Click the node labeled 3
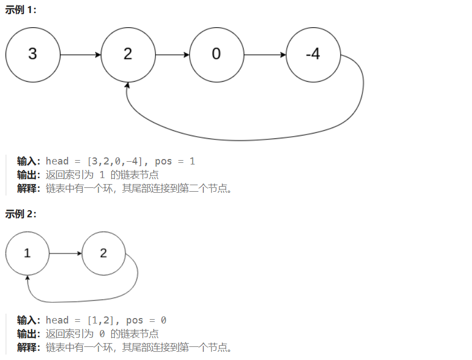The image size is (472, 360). [x=33, y=55]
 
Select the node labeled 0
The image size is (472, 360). [x=217, y=55]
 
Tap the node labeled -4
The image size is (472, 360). [x=313, y=55]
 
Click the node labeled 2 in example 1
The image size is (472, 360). [x=128, y=55]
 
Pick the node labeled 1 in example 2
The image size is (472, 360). [x=27, y=253]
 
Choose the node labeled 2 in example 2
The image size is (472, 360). [x=104, y=253]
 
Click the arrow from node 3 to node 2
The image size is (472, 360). [x=81, y=55]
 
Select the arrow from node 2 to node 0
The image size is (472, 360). [x=172, y=55]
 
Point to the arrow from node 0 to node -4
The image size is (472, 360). [x=265, y=55]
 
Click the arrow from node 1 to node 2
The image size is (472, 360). [x=65, y=253]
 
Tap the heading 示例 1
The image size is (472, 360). [x=21, y=10]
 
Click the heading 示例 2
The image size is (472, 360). [x=21, y=214]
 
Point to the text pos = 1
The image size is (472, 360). [x=175, y=161]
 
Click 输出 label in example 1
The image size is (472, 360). [x=29, y=175]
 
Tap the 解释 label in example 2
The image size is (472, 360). [x=29, y=347]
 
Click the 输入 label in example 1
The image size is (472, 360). [x=29, y=161]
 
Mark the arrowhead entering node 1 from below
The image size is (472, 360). [x=27, y=278]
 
